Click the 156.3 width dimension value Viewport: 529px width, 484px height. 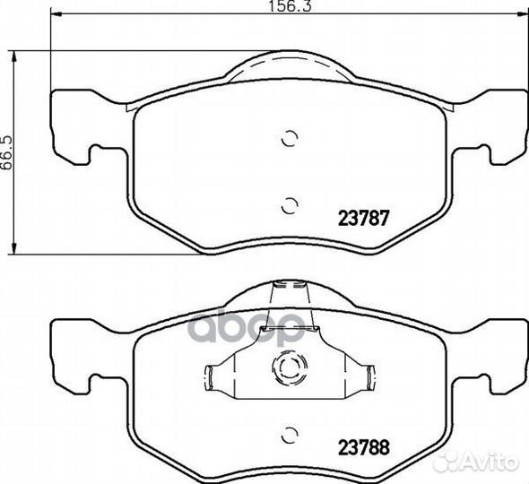[289, 6]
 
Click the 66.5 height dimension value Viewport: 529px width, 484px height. [6, 152]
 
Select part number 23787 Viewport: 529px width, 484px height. [364, 218]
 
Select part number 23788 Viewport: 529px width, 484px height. [364, 447]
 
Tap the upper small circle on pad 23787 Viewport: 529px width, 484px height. [290, 138]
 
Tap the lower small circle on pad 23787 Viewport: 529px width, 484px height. [290, 205]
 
